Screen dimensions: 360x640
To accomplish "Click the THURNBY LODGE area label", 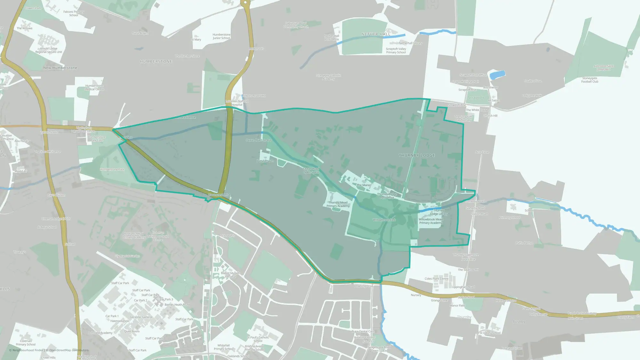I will [417, 156].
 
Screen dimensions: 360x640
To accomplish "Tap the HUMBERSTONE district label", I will [156, 61].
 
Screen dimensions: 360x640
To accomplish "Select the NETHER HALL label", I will [376, 34].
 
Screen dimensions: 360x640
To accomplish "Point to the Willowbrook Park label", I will [384, 220].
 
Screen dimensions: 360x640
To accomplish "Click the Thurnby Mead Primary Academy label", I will [338, 204].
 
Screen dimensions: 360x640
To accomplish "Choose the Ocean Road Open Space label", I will [311, 171].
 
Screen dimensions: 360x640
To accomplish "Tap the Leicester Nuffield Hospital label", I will [237, 103].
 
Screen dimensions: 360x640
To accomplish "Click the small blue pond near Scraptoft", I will [497, 75].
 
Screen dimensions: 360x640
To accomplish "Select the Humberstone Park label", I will [112, 170].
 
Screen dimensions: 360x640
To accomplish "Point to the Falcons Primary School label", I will [74, 13].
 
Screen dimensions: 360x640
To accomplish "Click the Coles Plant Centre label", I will [436, 279].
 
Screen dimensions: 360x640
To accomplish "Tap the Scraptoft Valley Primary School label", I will [396, 51].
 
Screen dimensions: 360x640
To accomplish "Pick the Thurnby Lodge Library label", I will [439, 212].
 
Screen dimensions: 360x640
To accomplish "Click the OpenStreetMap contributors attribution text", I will [69, 350].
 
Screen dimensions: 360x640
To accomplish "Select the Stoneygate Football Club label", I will [590, 80].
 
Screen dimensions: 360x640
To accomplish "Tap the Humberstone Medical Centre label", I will [94, 87].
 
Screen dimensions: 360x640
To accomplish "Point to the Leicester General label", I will [141, 317].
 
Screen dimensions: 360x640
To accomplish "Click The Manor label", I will [364, 185].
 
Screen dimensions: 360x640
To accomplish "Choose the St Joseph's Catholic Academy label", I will [328, 77].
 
